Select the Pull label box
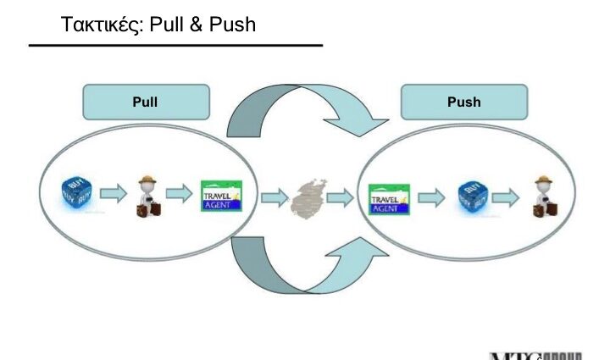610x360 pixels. coord(145,102)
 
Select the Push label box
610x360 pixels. coord(463,102)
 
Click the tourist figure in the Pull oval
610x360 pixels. coord(146,197)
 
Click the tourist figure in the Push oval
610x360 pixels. coord(542,198)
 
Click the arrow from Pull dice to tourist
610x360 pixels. coord(111,196)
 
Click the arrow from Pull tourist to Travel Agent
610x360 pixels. coord(180,196)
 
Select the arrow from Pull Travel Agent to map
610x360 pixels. coord(274,199)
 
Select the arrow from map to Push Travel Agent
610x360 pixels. coord(340,199)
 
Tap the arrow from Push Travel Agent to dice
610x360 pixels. coord(430,199)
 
